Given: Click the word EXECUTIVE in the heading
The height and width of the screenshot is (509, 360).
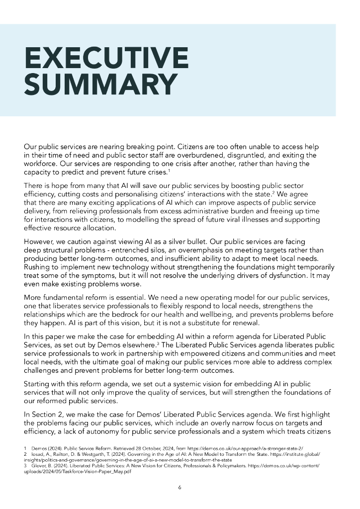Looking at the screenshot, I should pyautogui.click(x=106, y=58).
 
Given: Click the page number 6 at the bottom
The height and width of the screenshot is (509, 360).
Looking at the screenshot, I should pyautogui.click(x=180, y=487).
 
